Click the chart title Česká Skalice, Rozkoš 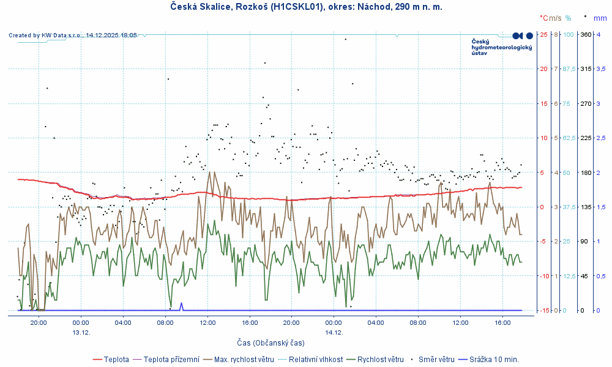point(306,7)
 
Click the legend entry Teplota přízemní point(171,359)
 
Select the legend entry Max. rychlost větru point(244,359)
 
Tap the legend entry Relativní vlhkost point(316,359)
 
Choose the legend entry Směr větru point(436,359)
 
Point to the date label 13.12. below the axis point(81,332)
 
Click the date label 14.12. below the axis point(334,332)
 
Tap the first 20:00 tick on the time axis point(39,322)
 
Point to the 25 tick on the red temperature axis point(543,34)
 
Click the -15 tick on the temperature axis point(543,311)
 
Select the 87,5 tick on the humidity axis point(569,69)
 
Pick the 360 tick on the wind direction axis point(586,34)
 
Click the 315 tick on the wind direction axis point(586,69)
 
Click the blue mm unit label point(600,18)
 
